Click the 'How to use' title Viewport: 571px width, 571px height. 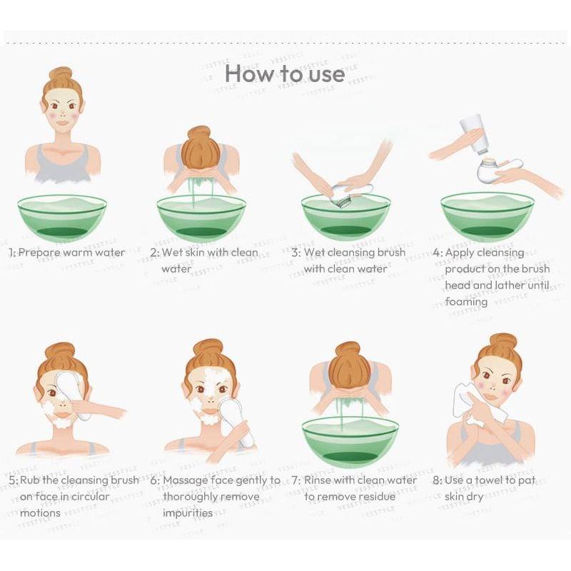tap(285, 74)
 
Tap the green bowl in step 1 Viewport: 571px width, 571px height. tap(62, 218)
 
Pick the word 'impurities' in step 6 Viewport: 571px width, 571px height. tap(188, 513)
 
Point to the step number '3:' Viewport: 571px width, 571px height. tap(295, 253)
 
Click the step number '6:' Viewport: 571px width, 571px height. tap(155, 480)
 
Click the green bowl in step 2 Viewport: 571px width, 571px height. tap(201, 218)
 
